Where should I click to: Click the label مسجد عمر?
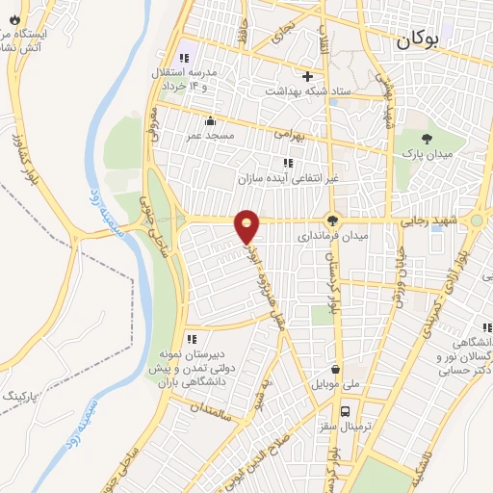[x=211, y=136]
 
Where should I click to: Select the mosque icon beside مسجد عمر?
[x=211, y=120]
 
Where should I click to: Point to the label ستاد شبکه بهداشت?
[x=306, y=90]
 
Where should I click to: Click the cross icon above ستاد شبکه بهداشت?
[x=307, y=75]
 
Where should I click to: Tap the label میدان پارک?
[x=428, y=154]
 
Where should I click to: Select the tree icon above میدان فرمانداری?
[x=333, y=220]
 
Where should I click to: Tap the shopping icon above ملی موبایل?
[x=334, y=368]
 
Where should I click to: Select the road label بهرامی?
[x=286, y=137]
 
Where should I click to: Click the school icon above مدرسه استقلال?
[x=184, y=59]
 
